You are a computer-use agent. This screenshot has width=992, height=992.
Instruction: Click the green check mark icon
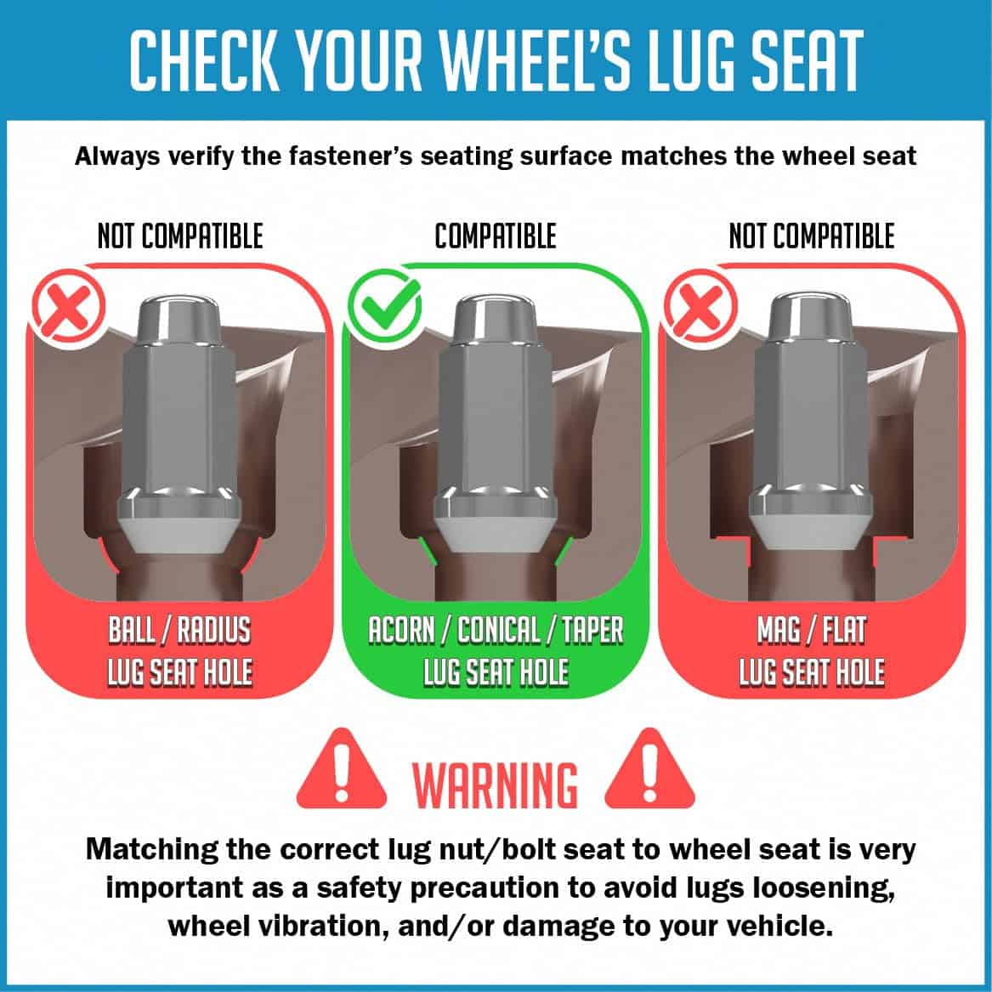pyautogui.click(x=383, y=308)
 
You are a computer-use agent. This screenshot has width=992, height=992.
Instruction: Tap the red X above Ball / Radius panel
pyautogui.click(x=68, y=308)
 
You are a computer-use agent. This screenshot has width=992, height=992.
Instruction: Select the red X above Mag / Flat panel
pyautogui.click(x=700, y=308)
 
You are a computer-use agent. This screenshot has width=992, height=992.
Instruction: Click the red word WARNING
pyautogui.click(x=496, y=785)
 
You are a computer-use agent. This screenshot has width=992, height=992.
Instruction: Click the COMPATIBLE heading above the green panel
pyautogui.click(x=496, y=236)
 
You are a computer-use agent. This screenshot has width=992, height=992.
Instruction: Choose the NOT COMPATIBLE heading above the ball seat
pyautogui.click(x=180, y=236)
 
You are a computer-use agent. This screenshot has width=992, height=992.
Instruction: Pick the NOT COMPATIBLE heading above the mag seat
pyautogui.click(x=812, y=236)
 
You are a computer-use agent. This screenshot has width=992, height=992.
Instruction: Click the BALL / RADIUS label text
pyautogui.click(x=179, y=630)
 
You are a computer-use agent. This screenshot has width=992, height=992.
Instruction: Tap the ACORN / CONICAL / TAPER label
pyautogui.click(x=496, y=630)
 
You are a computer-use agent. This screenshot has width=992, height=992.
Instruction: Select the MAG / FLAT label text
pyautogui.click(x=812, y=630)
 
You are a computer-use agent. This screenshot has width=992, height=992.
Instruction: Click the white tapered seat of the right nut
pyautogui.click(x=813, y=531)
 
